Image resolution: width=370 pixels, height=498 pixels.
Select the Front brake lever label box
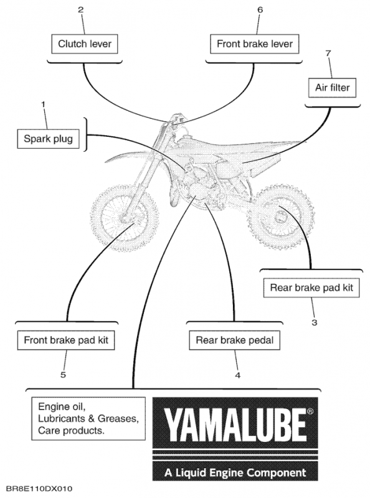click(x=254, y=44)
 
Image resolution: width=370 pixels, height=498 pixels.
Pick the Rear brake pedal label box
click(x=234, y=340)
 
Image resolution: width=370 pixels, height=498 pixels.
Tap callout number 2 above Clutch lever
click(x=81, y=10)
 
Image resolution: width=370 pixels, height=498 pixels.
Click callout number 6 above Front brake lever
click(x=260, y=10)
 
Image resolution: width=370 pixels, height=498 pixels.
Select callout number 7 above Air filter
click(x=328, y=55)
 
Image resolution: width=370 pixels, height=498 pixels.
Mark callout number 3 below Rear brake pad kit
click(x=314, y=322)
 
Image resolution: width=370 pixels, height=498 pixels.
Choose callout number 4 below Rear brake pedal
click(x=237, y=375)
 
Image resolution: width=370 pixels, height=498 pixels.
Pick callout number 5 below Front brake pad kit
click(x=63, y=375)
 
